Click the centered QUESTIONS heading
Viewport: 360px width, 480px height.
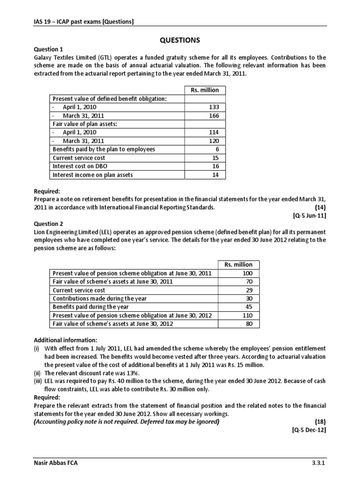180,40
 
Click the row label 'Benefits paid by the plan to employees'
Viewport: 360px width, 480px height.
104,149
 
